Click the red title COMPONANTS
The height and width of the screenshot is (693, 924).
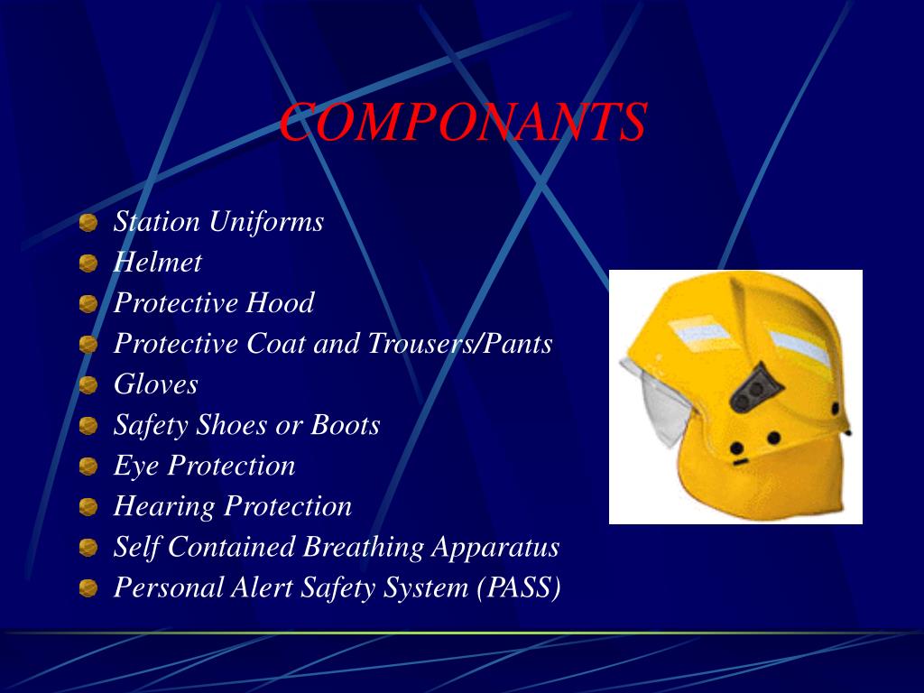pyautogui.click(x=462, y=124)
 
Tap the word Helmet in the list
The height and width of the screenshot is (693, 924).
pyautogui.click(x=157, y=263)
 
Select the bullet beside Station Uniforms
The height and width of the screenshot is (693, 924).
pyautogui.click(x=88, y=223)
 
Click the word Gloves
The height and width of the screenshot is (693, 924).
pyautogui.click(x=155, y=384)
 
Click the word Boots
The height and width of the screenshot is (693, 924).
pyautogui.click(x=346, y=425)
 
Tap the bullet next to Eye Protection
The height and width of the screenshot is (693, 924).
pyautogui.click(x=88, y=467)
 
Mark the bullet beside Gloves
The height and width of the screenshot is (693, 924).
pyautogui.click(x=88, y=386)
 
